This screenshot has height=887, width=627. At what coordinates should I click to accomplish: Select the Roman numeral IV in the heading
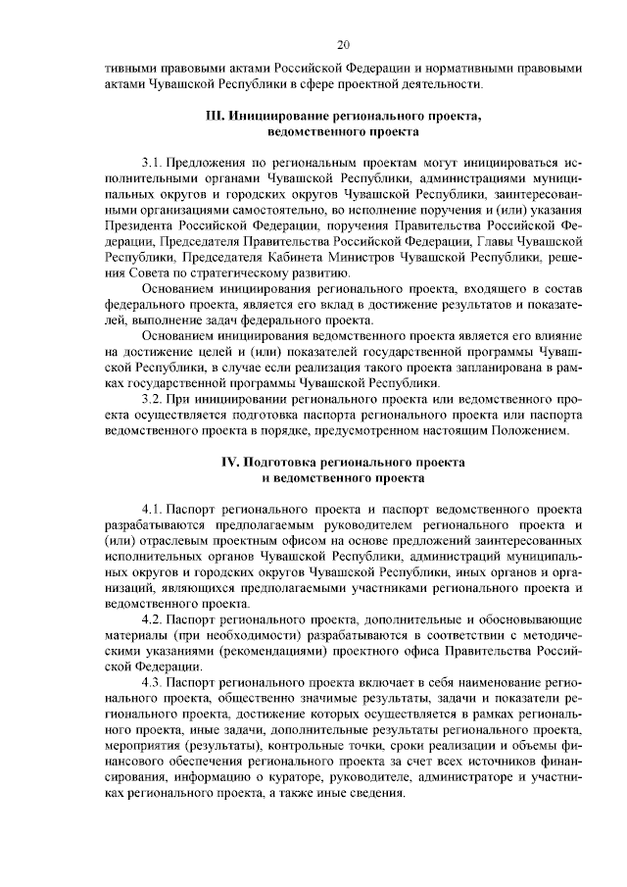pos(228,462)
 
